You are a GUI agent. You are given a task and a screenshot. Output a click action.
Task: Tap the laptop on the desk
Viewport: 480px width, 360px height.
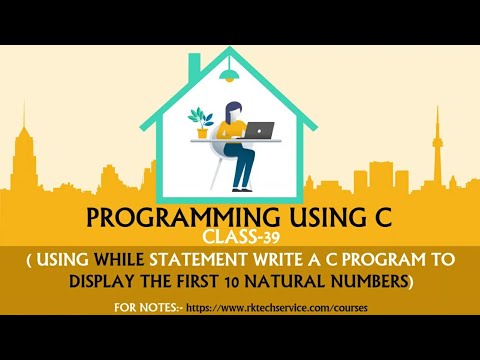click(260, 130)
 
